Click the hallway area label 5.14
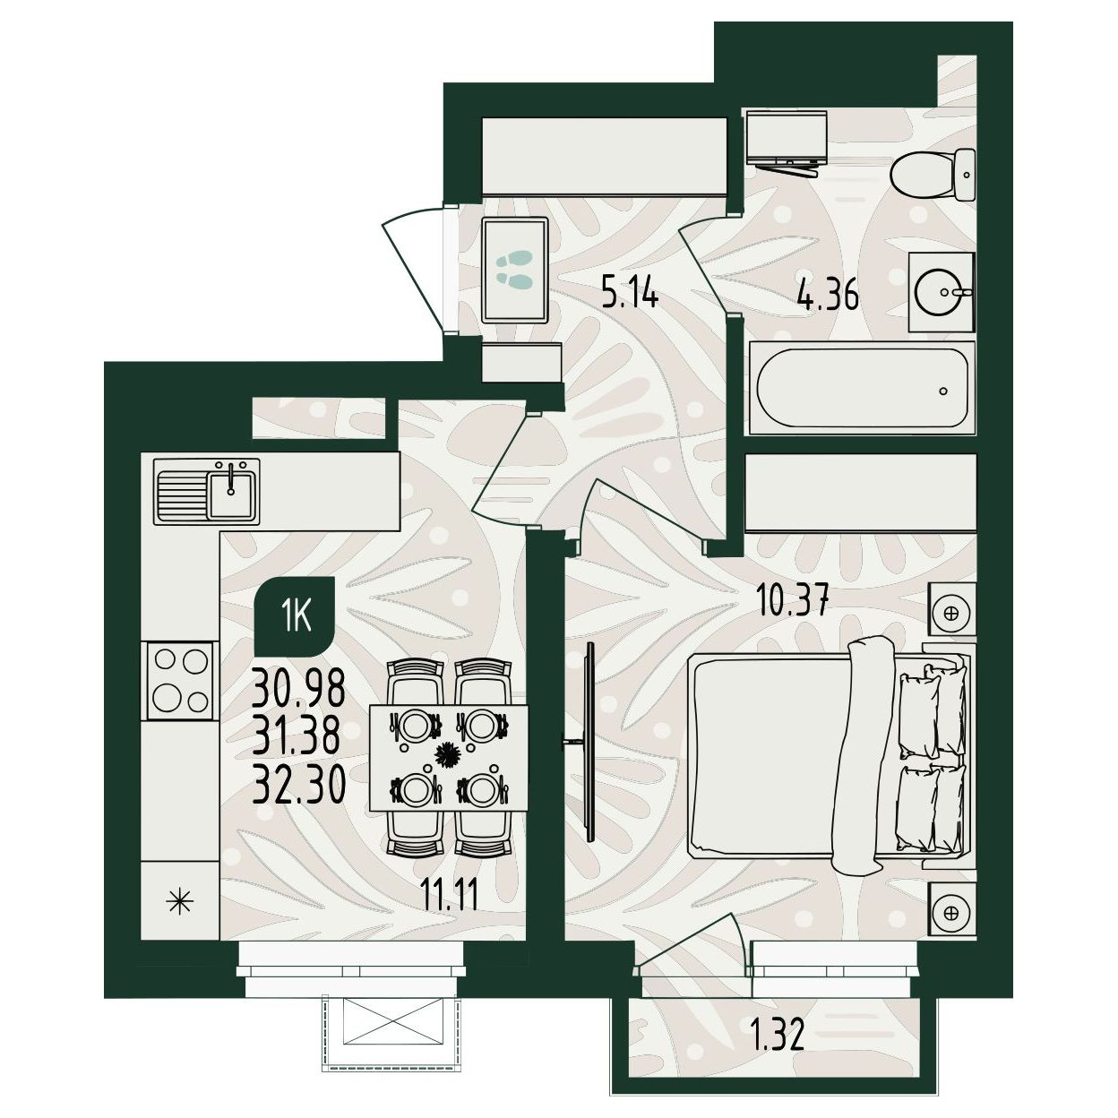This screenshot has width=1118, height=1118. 630,294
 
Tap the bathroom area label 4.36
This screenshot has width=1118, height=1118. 828,297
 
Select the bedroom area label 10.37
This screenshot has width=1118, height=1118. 793,601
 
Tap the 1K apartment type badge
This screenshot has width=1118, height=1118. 296,618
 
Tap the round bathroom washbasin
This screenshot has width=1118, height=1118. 941,292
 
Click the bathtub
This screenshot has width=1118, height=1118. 862,388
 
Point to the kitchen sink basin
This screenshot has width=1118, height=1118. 231,494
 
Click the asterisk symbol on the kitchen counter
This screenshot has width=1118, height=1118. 180,901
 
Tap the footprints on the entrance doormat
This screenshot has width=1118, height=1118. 514,270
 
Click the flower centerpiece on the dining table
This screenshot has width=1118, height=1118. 450,756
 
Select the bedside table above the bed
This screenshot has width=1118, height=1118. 950,614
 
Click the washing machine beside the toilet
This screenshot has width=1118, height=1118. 787,141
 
